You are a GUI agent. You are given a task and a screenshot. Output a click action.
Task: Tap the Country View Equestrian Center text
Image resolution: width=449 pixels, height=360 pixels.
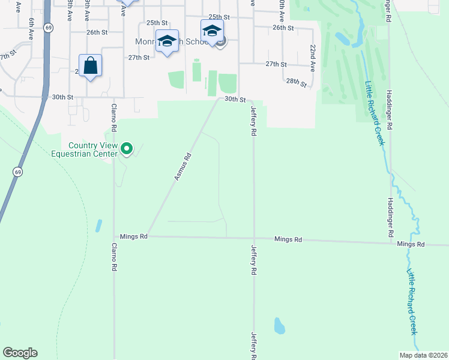92,149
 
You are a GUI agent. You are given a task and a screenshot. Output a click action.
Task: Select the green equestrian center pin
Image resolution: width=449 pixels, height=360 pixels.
126,148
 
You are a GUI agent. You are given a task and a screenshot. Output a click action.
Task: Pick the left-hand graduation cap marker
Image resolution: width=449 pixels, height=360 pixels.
167,41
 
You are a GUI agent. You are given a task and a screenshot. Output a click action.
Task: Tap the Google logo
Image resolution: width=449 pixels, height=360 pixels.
20,353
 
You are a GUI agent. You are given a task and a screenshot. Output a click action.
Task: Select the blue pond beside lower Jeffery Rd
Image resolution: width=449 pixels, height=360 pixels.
279,326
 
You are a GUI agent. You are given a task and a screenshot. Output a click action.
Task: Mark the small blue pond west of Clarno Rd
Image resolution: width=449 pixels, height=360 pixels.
98,226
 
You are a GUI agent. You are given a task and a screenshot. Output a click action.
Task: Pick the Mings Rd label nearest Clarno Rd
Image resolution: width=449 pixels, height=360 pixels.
133,236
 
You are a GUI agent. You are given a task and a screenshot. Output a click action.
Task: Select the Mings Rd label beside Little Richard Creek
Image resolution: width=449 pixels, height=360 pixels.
411,244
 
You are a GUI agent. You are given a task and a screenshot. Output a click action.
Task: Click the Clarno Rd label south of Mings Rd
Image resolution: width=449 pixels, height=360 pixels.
113,258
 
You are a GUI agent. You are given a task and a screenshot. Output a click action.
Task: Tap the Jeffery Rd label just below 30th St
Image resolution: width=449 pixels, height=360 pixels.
253,121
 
